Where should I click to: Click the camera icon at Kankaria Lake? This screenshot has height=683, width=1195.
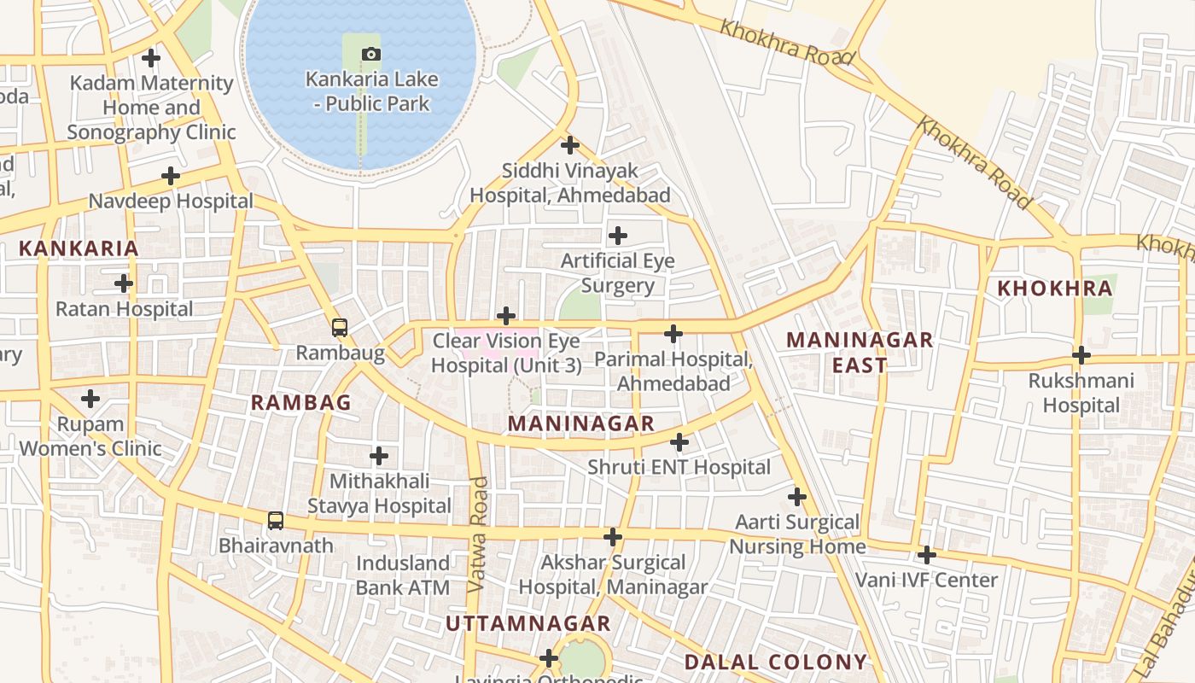[x=370, y=55]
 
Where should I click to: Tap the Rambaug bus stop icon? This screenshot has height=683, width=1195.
[x=339, y=327]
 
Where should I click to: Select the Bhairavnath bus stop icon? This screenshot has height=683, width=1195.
[x=275, y=520]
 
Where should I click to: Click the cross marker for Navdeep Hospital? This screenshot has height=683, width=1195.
[x=171, y=176]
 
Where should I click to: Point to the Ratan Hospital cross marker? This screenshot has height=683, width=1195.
[x=124, y=283]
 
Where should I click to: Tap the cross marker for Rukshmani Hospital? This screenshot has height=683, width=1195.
[x=1081, y=354]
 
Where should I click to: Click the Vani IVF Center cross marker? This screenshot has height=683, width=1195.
[x=927, y=555]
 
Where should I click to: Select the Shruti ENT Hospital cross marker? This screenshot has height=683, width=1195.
[x=679, y=442]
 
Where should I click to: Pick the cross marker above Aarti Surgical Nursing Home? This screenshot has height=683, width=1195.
[x=797, y=496]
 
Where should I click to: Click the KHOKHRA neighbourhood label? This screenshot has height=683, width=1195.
[x=1055, y=289]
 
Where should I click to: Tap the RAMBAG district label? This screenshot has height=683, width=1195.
[x=300, y=403]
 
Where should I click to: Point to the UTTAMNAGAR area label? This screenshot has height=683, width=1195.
[x=528, y=623]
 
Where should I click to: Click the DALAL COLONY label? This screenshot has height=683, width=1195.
[x=775, y=662]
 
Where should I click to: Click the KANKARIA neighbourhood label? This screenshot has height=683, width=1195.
[x=78, y=248]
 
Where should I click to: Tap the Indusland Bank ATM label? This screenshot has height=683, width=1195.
[x=402, y=575]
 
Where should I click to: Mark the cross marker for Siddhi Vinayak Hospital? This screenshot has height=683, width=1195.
[x=570, y=145]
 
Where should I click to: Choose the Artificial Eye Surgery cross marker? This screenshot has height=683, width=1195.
[x=618, y=235]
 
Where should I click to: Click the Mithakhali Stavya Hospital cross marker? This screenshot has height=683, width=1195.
[x=379, y=456]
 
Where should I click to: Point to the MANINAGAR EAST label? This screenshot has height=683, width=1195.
[x=860, y=353]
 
